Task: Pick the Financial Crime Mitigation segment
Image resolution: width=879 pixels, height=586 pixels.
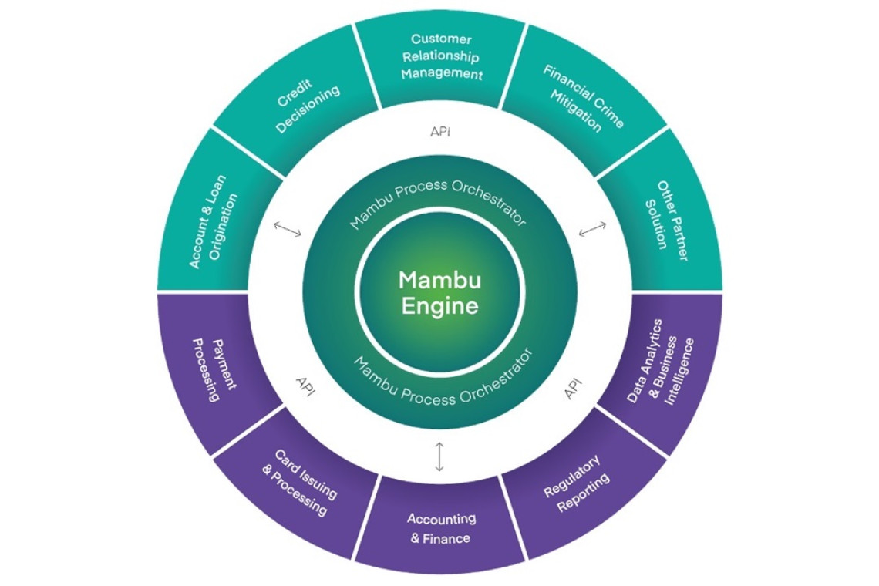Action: coord(583,97)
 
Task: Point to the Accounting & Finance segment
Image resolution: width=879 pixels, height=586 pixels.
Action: coord(441,528)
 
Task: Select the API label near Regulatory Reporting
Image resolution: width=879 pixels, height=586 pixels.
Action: coord(573,389)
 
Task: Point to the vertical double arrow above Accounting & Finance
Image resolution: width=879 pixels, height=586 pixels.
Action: coord(439,456)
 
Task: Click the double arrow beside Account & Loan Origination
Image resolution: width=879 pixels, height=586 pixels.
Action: coord(287,229)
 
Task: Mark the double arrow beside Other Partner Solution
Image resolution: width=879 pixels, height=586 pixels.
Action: coord(592,229)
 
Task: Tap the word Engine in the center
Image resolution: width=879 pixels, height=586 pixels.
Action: coord(439,305)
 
